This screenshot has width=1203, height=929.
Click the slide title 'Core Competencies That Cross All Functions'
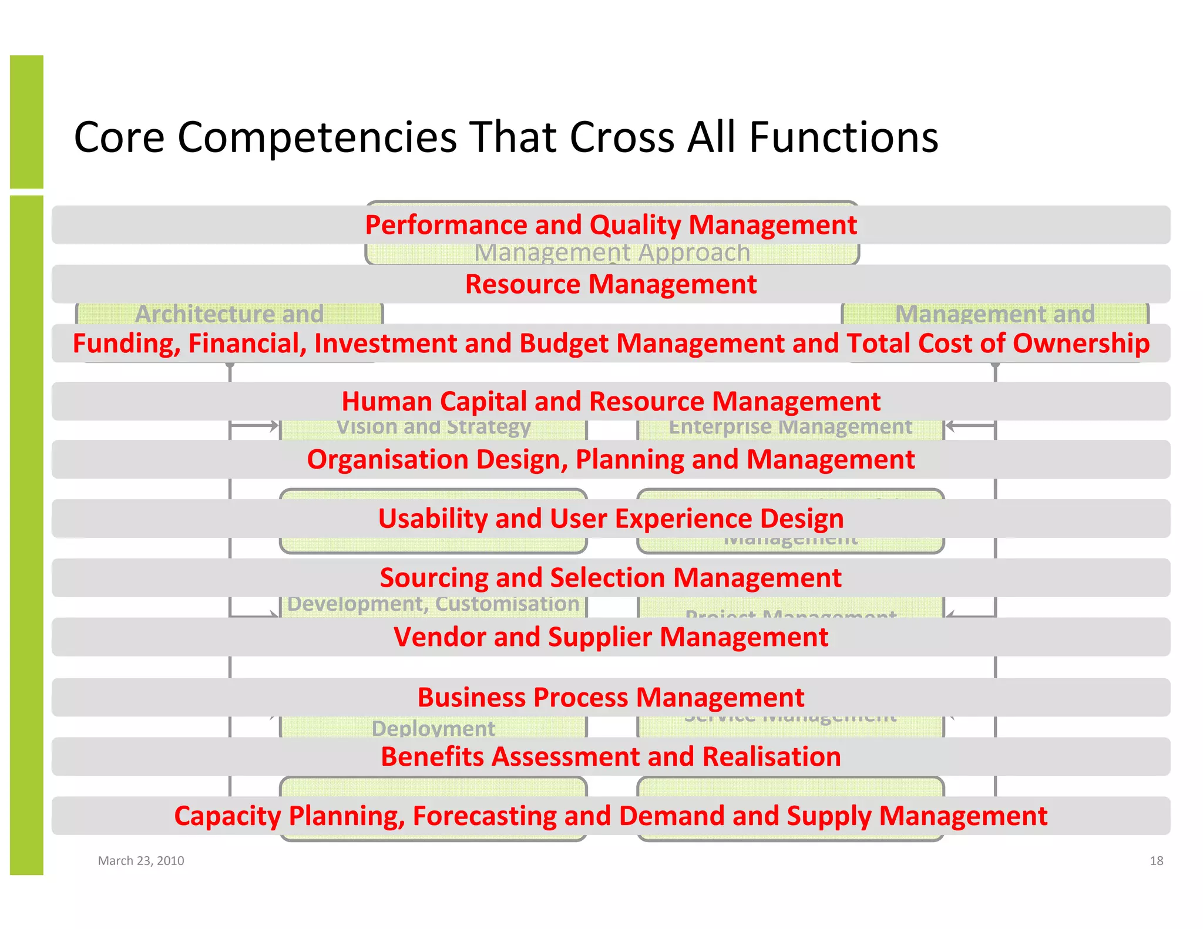[506, 137]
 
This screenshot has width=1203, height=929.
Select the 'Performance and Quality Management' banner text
[611, 225]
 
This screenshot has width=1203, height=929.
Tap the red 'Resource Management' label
[611, 284]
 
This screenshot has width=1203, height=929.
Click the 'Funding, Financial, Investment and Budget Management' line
[611, 344]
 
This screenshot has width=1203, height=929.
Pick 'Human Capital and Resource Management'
[611, 402]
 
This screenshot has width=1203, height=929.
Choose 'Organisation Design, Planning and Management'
[611, 460]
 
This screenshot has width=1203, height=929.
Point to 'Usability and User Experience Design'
[611, 519]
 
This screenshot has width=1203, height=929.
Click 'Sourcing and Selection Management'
[611, 578]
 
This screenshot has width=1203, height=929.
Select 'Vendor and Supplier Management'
[611, 637]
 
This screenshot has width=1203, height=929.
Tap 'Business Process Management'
[611, 698]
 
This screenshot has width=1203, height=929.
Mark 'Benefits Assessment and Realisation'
[611, 757]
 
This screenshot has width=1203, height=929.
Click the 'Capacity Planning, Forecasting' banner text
[611, 816]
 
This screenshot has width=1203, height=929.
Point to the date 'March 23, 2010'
[141, 861]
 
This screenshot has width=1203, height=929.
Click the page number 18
[1156, 861]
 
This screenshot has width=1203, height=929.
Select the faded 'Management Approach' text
[612, 254]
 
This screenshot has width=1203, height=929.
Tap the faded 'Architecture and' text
[229, 314]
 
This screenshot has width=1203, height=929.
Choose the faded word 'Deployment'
[434, 728]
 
